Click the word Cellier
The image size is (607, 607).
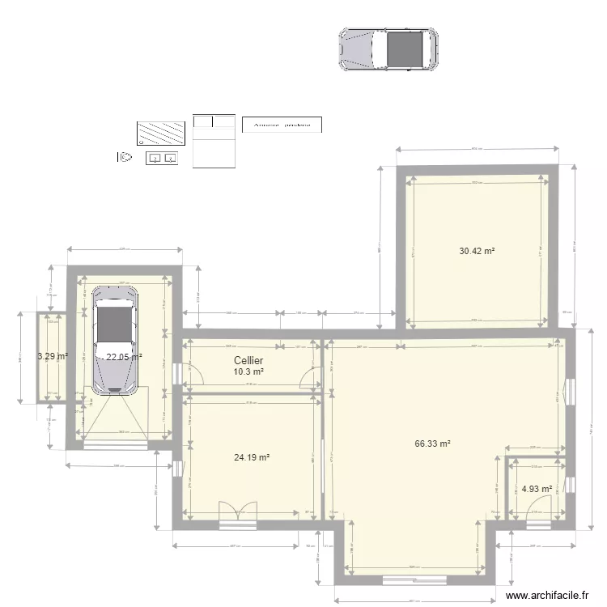coord(248,360)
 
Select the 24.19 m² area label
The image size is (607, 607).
coord(251,457)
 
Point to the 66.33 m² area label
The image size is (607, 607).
coord(432,444)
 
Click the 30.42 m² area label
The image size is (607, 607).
coord(477,251)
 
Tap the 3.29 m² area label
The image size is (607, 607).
coord(52,355)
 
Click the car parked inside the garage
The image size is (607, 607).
coord(113,341)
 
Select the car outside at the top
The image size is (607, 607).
coord(388,50)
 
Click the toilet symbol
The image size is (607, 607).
coord(125,158)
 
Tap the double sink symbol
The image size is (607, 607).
coord(162,158)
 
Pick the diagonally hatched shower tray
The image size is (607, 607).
coord(161,133)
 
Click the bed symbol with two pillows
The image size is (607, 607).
coord(214,141)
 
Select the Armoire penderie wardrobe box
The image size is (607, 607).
coord(282,124)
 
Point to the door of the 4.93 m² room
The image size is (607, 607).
coord(537,509)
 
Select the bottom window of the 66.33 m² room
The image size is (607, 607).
coord(414,580)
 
